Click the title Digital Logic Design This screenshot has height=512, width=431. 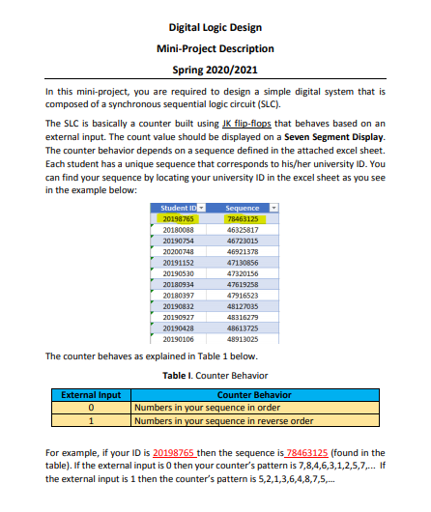(215, 27)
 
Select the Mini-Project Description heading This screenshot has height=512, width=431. (215, 48)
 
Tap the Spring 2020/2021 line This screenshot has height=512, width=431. (215, 70)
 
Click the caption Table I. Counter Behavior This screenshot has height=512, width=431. (215, 375)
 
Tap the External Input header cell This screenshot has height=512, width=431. (91, 394)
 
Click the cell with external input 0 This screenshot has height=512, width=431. (91, 407)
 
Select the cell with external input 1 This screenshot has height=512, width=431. (91, 420)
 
